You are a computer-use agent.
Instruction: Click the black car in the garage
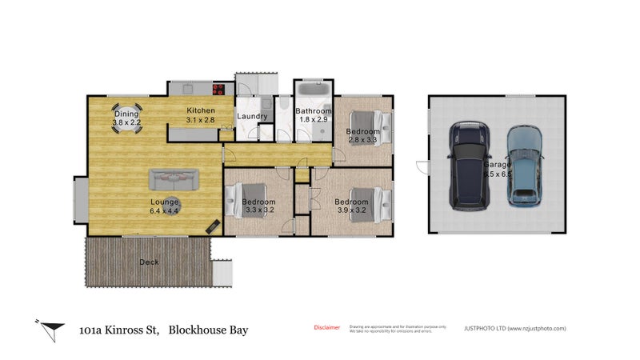pos(468,165)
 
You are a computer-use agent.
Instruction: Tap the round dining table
pos(126,119)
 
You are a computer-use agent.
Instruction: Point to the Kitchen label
pos(201,110)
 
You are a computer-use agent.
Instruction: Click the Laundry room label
pos(252,117)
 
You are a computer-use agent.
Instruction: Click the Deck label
pos(149,262)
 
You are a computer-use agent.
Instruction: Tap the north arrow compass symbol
pos(50,327)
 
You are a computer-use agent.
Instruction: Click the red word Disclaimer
pos(326,328)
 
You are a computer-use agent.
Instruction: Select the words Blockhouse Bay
pos(208,329)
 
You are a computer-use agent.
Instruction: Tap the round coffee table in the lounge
pos(174,205)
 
